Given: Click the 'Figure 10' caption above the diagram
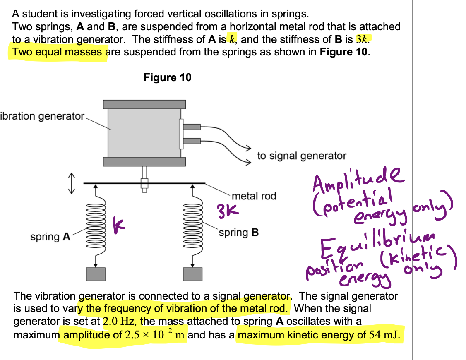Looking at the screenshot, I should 168,78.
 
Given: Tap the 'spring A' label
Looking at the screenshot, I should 50,237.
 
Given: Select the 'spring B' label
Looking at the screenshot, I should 238,232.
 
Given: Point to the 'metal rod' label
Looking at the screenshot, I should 254,196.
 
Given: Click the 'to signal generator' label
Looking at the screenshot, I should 302,156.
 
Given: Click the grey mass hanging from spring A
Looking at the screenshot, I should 96,274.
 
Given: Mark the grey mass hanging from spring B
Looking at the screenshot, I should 192,274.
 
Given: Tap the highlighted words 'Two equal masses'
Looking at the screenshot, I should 57,53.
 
